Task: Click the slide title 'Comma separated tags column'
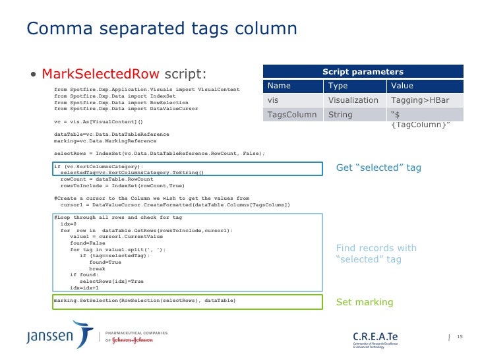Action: tap(162, 29)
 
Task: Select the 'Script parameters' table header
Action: tap(363, 71)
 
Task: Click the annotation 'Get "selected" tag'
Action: tap(378, 167)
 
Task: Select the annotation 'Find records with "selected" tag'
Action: tap(376, 254)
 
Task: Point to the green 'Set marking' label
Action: tap(365, 302)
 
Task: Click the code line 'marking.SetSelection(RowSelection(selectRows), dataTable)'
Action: tap(144, 301)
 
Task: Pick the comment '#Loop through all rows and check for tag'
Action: tap(118, 218)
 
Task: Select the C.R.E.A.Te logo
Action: tap(376, 337)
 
